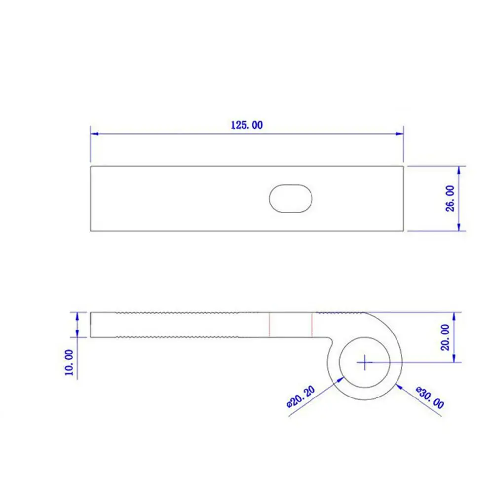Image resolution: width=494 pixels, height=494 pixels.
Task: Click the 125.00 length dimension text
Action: tap(247, 125)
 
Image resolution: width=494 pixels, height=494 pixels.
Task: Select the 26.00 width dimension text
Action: tap(451, 198)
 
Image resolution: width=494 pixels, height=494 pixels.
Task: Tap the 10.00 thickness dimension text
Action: tap(69, 362)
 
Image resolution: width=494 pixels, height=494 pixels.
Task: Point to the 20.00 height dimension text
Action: tap(445, 338)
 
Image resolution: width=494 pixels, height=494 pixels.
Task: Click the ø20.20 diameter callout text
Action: tap(301, 397)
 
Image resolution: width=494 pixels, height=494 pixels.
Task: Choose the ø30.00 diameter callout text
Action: tap(430, 398)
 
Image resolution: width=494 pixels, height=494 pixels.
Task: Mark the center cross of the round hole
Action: tap(365, 362)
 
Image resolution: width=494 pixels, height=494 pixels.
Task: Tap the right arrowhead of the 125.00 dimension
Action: tap(399, 134)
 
